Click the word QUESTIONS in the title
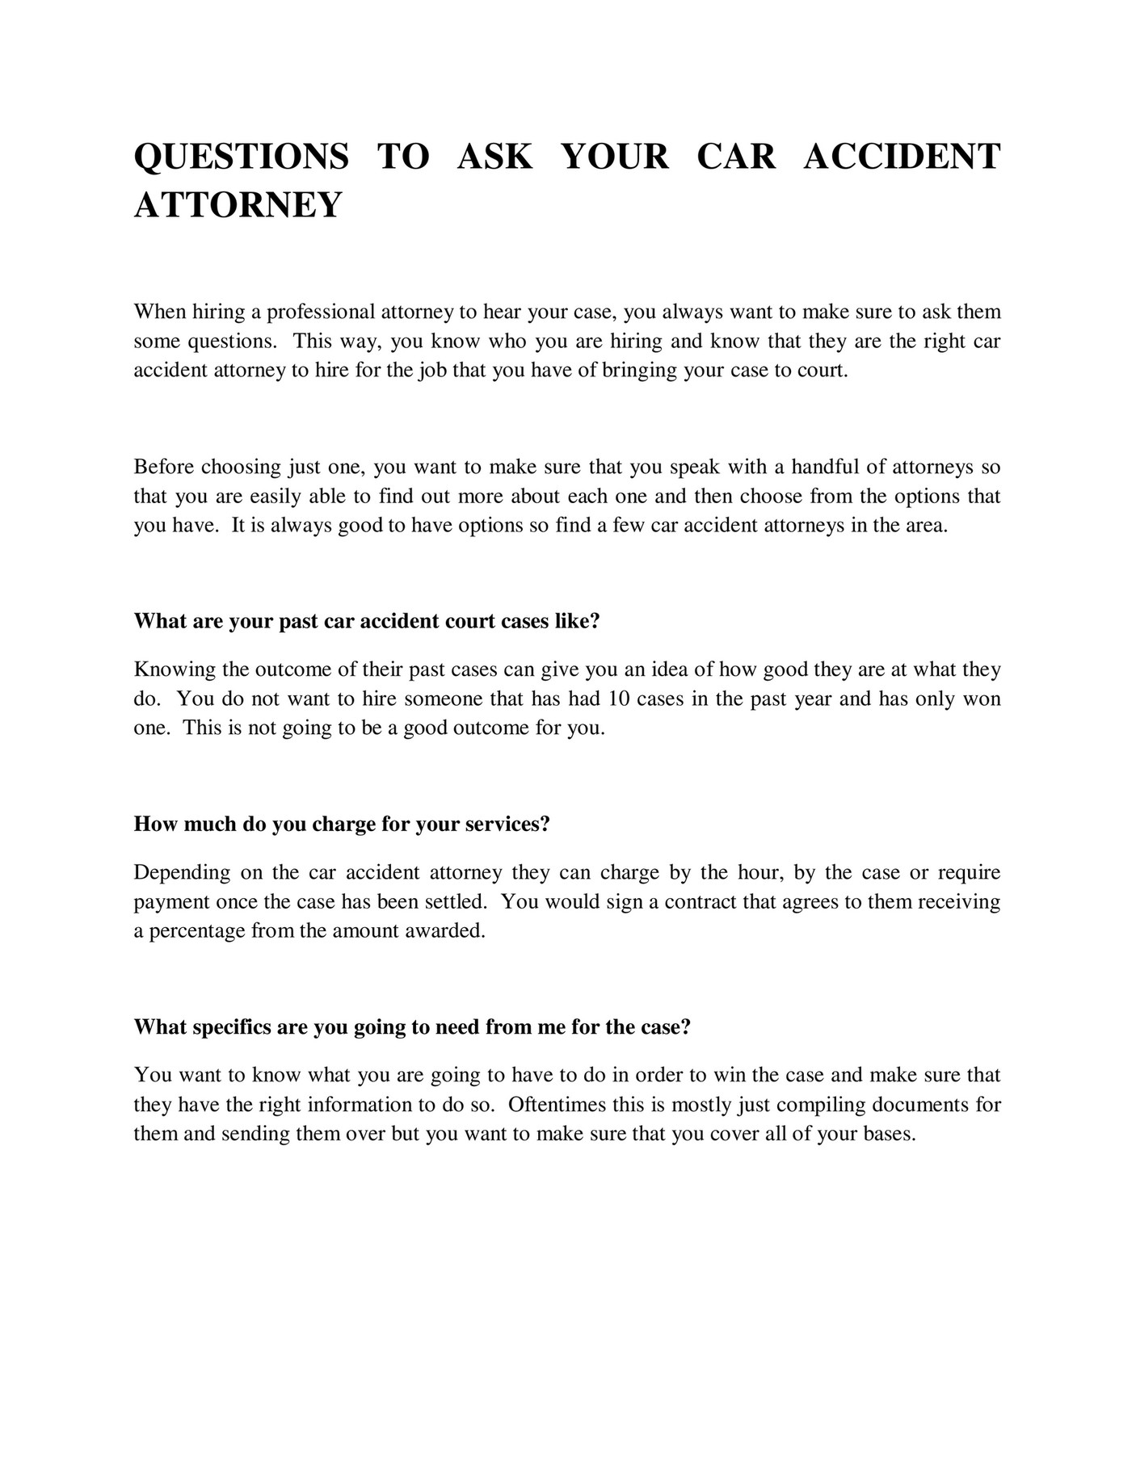click(241, 156)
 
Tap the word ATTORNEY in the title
click(238, 204)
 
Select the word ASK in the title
click(494, 156)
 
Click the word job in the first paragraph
click(434, 371)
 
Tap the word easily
click(276, 496)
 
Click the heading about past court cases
click(367, 621)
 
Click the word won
click(982, 699)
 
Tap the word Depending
click(182, 872)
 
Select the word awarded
click(449, 930)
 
